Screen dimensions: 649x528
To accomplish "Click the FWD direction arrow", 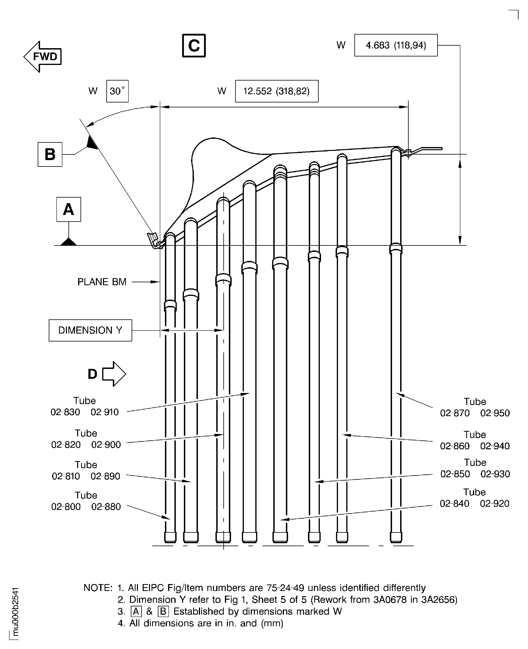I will click(x=43, y=57).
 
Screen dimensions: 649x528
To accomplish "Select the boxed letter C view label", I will click(x=194, y=46).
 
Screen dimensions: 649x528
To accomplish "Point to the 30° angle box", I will click(x=117, y=91).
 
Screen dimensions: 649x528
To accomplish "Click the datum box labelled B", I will click(x=50, y=154).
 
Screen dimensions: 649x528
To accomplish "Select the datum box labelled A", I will click(x=68, y=209).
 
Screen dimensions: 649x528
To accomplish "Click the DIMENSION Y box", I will click(x=90, y=330).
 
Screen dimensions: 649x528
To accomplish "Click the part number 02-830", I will click(x=65, y=412).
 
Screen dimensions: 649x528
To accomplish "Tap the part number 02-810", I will click(x=66, y=476).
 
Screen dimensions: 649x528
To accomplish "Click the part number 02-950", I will click(x=495, y=413).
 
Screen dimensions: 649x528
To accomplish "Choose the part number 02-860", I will click(x=455, y=446).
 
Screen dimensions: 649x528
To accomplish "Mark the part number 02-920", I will click(x=494, y=504).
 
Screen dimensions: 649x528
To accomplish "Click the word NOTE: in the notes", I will click(x=98, y=588).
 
